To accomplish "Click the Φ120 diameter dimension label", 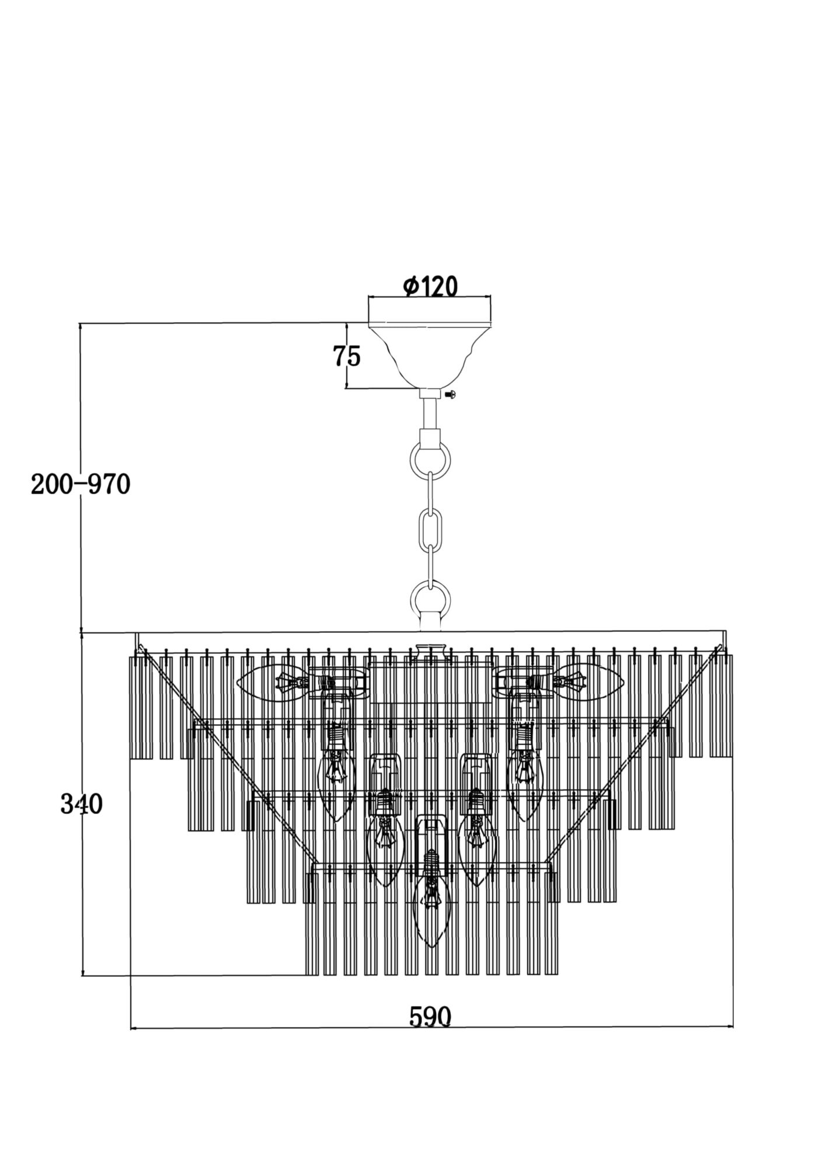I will click(x=430, y=286).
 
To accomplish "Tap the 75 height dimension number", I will click(x=347, y=356).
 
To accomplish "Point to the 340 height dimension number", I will click(x=81, y=805).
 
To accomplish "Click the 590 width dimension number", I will click(x=430, y=1016).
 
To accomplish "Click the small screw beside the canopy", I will click(x=450, y=394).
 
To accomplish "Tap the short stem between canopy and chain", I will click(x=430, y=413).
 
